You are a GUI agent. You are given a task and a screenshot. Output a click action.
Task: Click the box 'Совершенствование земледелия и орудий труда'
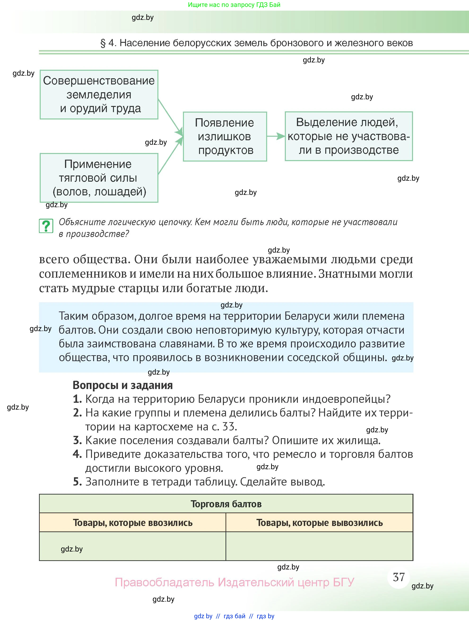click(99, 94)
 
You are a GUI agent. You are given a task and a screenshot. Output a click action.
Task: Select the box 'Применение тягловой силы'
click(99, 178)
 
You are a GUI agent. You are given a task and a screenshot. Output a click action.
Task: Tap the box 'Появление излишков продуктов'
click(225, 136)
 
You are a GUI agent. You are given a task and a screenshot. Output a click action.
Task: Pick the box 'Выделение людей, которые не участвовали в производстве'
click(349, 136)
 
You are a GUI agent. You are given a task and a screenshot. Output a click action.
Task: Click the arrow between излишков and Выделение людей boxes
click(276, 136)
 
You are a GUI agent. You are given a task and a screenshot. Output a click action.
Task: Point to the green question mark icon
click(46, 226)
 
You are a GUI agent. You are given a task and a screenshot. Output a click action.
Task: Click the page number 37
click(399, 577)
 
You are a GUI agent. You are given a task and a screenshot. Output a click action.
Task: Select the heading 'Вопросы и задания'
click(122, 385)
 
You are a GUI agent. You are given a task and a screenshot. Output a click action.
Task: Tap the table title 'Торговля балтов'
click(226, 504)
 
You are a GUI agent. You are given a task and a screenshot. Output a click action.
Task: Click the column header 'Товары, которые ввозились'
click(133, 523)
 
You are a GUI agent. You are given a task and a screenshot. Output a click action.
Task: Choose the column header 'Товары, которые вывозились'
click(320, 523)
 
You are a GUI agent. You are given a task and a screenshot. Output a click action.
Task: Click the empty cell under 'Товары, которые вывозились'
click(320, 546)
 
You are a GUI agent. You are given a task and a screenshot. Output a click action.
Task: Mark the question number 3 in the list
click(77, 440)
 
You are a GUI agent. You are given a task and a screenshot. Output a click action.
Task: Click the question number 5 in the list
click(77, 482)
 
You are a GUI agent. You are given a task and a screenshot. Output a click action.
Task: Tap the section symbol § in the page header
click(103, 43)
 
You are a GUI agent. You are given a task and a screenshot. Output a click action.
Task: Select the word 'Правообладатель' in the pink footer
click(164, 582)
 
